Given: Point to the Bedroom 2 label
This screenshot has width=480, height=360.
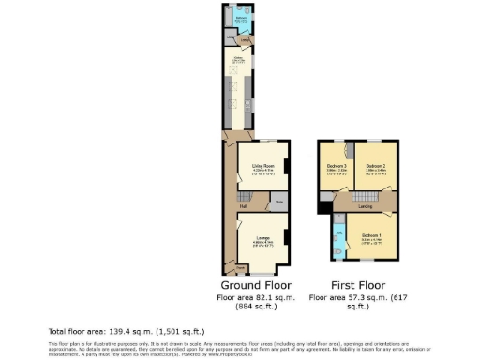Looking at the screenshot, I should point(376,165).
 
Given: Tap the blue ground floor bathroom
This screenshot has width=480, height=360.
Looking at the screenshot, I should point(240,18).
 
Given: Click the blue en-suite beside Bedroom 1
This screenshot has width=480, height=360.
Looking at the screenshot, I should point(336,237).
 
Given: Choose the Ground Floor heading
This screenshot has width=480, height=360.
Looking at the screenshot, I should point(256,285).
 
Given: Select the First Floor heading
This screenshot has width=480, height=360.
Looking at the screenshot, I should point(358,285).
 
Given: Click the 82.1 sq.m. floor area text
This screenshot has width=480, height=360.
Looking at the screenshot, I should point(256,297).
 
